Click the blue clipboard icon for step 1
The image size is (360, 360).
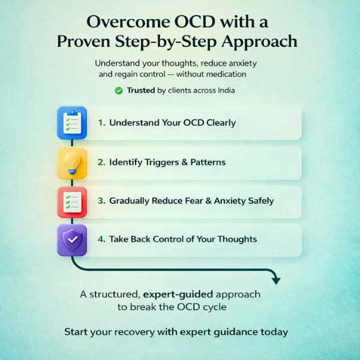71,122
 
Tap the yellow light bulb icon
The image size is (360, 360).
71,162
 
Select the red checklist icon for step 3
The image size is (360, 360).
71,201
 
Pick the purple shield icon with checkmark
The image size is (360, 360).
71,239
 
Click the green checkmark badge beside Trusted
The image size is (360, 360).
118,91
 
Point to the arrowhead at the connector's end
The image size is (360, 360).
275,279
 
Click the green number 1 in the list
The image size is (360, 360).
101,122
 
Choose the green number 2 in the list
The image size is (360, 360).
101,163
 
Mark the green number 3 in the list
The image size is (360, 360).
101,201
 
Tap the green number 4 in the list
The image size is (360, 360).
101,239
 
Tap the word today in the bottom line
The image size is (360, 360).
272,332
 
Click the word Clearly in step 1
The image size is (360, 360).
217,122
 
